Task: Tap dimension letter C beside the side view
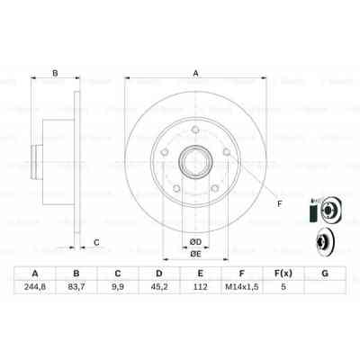pos(96,241)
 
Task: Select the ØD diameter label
pos(194,240)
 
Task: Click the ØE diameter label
pos(195,256)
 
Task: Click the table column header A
pos(35,274)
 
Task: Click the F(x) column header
pos(283,274)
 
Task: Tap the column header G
pos(325,274)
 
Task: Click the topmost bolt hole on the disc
pos(195,139)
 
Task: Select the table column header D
pos(159,274)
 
